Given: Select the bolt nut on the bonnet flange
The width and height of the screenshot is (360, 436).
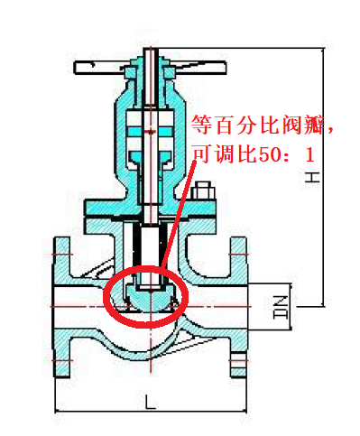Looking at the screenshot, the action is coord(203,190).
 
